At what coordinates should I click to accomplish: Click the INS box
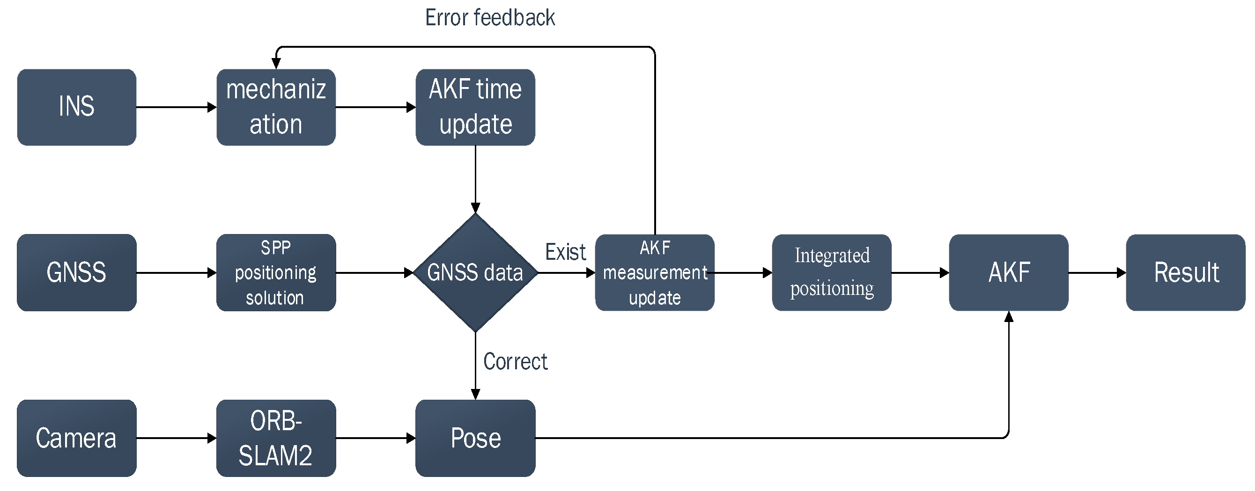point(76,107)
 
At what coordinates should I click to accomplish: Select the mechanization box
point(276,107)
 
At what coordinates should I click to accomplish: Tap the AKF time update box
point(475,107)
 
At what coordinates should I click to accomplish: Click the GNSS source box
point(76,272)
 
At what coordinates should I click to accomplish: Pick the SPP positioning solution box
point(276,272)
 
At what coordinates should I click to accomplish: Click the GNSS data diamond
point(475,272)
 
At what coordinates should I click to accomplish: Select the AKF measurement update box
point(654,272)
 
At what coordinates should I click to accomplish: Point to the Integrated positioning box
point(831,272)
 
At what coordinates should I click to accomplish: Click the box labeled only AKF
point(1008,272)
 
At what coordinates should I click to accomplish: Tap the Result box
point(1185,272)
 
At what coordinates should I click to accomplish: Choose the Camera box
point(76,438)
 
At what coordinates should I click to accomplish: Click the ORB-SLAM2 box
point(276,438)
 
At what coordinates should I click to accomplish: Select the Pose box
point(475,438)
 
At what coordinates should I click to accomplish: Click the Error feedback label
point(490,18)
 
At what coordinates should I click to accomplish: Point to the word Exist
point(565,252)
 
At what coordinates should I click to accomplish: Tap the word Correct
point(515,361)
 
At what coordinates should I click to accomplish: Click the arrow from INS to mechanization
point(176,107)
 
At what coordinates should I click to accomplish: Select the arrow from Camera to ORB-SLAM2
point(176,438)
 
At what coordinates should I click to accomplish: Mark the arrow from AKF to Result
point(1097,272)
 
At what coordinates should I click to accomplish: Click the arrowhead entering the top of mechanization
point(276,64)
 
